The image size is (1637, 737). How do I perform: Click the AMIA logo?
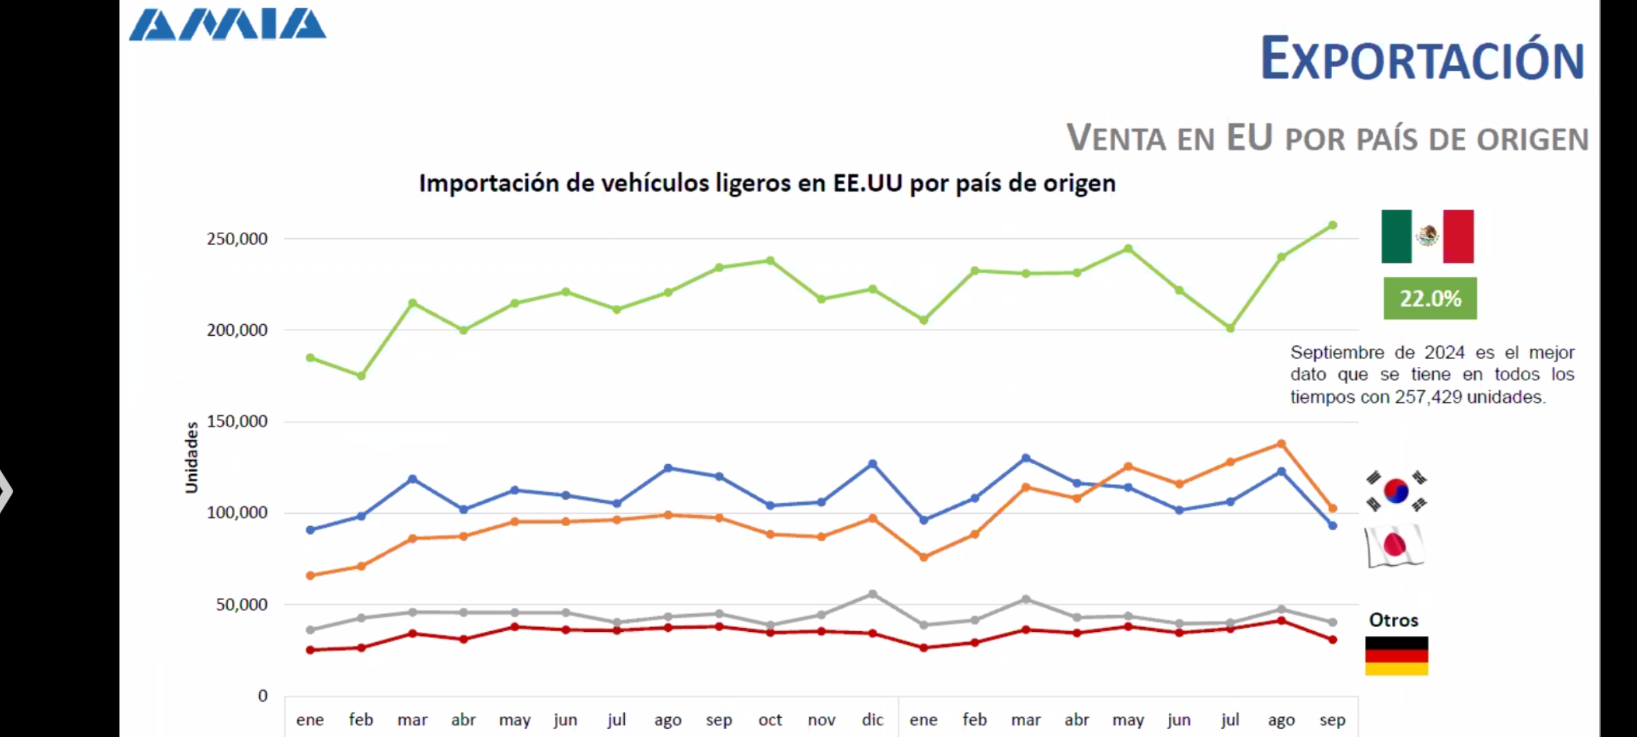tap(228, 25)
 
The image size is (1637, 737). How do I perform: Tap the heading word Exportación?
tap(1422, 60)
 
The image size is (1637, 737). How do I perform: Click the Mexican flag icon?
tap(1428, 236)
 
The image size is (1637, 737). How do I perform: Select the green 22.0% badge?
tap(1430, 298)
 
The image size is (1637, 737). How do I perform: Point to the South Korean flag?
tap(1396, 491)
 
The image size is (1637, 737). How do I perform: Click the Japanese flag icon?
tap(1395, 545)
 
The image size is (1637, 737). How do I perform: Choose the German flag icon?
tap(1396, 656)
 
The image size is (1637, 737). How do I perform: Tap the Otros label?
tap(1393, 620)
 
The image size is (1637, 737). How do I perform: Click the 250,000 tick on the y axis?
tap(237, 239)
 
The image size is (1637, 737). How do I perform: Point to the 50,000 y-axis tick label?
tap(241, 605)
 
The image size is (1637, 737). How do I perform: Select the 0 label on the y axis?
tap(263, 696)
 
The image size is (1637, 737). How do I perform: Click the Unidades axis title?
tap(192, 457)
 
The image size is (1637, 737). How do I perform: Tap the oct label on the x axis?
tap(770, 720)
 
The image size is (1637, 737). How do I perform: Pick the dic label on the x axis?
tap(872, 720)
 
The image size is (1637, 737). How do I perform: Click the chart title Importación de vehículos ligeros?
tap(767, 183)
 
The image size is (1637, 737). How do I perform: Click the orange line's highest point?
tap(1282, 444)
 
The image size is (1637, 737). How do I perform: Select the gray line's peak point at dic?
tap(872, 594)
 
